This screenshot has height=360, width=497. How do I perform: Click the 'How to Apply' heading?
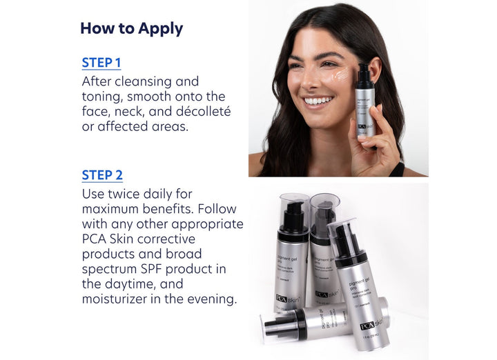[x=131, y=28]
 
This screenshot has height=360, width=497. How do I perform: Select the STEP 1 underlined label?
[x=101, y=63]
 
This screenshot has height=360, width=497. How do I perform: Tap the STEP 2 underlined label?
[x=102, y=175]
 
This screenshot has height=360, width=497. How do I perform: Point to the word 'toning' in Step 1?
[x=104, y=97]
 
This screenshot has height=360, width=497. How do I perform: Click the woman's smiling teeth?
[x=318, y=101]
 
